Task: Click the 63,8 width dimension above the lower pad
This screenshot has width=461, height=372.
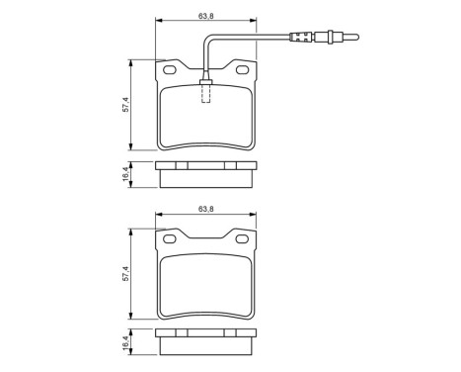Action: click(x=205, y=209)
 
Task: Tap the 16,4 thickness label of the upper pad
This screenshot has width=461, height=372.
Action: click(x=125, y=173)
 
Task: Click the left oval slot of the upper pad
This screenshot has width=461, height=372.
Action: click(x=169, y=71)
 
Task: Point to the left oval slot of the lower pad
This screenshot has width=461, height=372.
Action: click(x=169, y=240)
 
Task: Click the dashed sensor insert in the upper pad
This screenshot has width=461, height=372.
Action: click(x=205, y=92)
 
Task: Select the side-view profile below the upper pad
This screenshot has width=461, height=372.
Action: click(x=205, y=173)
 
